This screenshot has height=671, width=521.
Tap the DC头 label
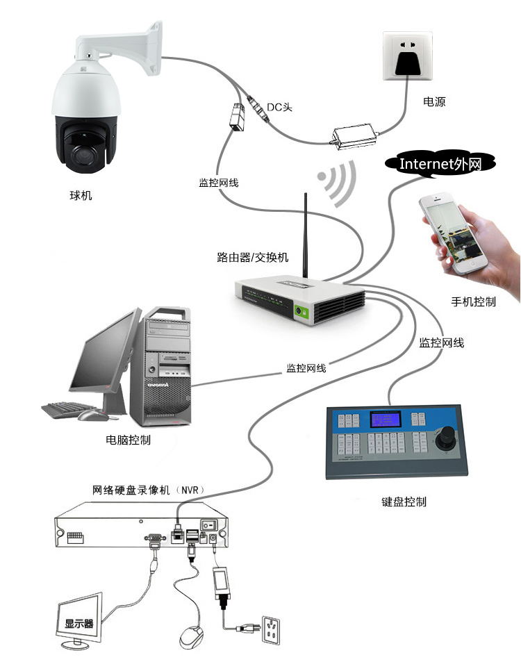click(x=281, y=106)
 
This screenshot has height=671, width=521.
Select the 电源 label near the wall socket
click(x=434, y=101)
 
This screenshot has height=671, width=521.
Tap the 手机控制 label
click(x=474, y=301)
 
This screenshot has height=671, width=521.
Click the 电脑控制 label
click(x=128, y=440)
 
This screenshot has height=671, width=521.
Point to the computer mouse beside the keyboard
click(x=90, y=415)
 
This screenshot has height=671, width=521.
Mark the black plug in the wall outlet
click(x=408, y=63)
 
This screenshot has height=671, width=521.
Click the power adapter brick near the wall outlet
click(x=355, y=136)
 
